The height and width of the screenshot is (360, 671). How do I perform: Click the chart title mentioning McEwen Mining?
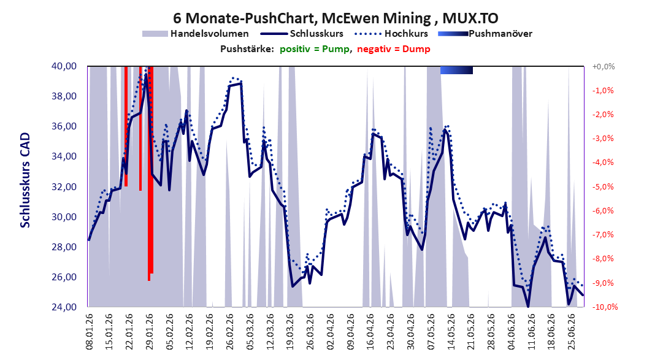point(336,18)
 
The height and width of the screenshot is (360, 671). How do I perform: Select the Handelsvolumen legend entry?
point(196,33)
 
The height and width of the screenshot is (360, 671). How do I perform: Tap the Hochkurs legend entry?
point(391,33)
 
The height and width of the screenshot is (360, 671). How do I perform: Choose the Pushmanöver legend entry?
point(485,33)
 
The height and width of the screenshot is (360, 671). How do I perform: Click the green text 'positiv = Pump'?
point(315,49)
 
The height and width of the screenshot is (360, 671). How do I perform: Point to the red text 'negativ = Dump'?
point(394,49)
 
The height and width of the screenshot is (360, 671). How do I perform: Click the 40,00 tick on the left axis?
point(64,66)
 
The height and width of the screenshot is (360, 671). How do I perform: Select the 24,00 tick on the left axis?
point(64,307)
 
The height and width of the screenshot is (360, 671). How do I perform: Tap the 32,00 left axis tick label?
point(64,186)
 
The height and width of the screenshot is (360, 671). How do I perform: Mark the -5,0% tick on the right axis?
point(604,186)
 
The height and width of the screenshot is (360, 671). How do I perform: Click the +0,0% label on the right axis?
point(604,66)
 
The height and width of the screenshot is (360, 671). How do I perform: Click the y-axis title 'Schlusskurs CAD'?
point(25,180)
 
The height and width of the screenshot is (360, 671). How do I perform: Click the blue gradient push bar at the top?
point(456,70)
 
